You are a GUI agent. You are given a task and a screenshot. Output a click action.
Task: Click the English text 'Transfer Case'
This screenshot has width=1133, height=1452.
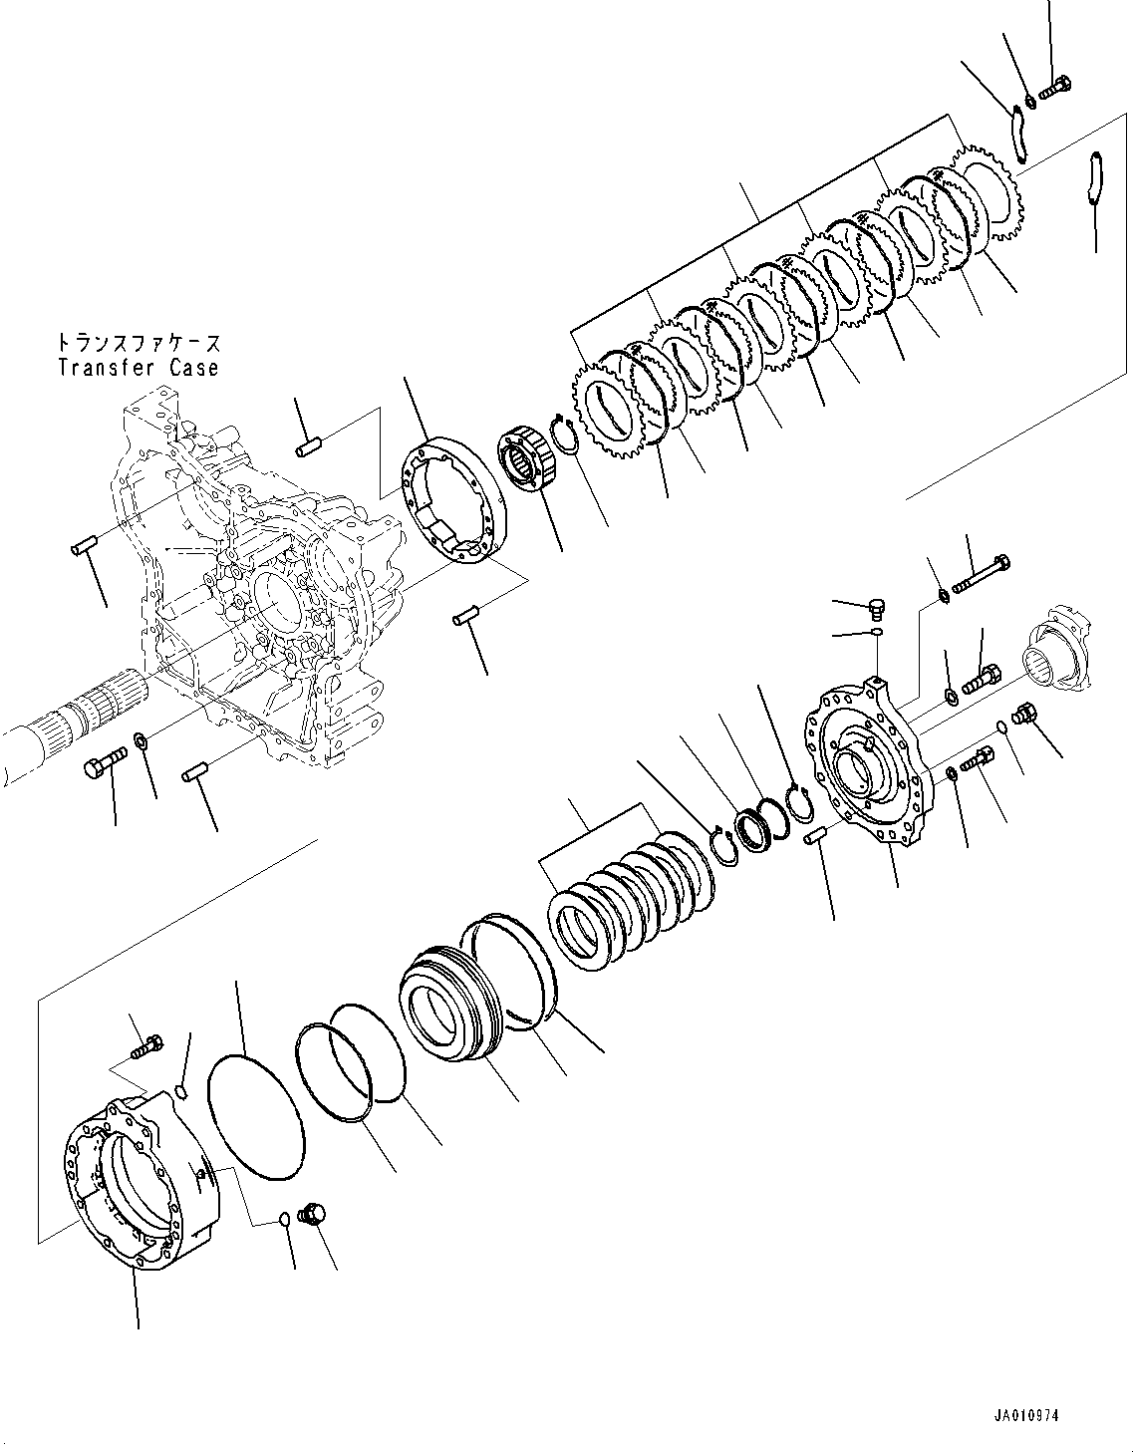coord(138,368)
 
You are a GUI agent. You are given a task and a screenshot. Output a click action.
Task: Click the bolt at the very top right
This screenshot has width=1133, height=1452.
coord(1053,90)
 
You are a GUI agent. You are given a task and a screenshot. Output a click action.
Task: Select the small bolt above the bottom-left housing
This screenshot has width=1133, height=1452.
coord(147,1047)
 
